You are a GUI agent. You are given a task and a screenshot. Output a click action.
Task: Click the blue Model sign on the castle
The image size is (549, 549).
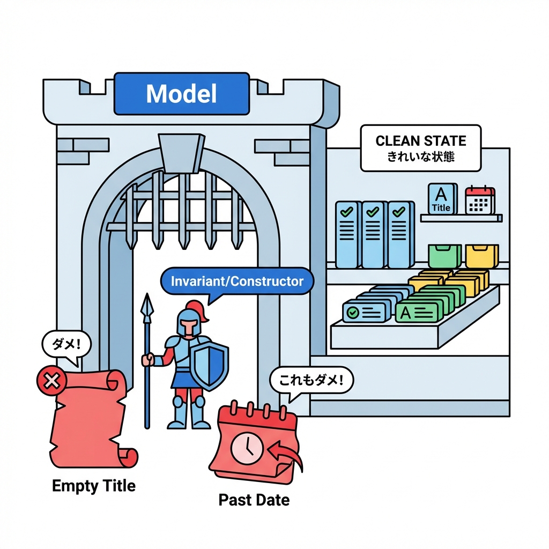[182, 94]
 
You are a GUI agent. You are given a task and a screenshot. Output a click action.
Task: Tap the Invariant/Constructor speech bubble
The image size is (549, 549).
[236, 281]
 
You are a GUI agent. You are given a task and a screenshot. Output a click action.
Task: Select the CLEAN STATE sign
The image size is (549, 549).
[421, 148]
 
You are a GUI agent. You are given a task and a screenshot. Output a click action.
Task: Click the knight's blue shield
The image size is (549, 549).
[210, 365]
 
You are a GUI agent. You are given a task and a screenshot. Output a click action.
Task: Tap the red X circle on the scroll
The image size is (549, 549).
[51, 381]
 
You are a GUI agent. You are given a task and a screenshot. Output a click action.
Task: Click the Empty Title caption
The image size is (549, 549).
[94, 486]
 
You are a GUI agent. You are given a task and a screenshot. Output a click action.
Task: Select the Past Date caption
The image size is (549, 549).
[254, 500]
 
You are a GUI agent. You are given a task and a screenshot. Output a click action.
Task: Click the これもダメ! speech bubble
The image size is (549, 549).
[311, 381]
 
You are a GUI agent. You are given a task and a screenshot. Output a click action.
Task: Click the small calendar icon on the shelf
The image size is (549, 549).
[479, 200]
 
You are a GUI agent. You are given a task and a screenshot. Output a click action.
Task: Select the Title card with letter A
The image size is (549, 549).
[441, 199]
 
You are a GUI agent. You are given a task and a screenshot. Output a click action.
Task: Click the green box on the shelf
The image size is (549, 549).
[445, 256]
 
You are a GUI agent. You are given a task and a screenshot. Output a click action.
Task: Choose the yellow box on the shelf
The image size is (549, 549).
[481, 255]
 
